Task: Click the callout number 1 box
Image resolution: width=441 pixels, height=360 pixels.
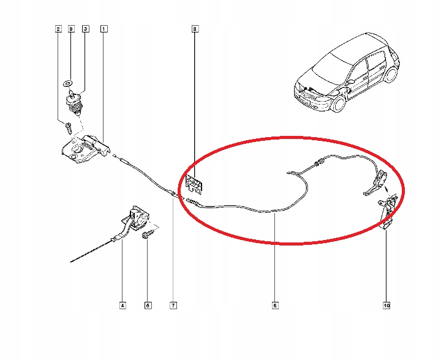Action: (104, 29)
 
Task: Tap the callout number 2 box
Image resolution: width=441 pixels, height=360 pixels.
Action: (58, 29)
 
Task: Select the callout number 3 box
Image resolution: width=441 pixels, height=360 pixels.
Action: (85, 29)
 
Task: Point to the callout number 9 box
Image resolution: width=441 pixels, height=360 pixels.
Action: (71, 29)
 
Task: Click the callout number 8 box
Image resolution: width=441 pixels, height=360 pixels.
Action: (195, 29)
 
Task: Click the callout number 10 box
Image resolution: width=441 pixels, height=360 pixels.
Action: (387, 304)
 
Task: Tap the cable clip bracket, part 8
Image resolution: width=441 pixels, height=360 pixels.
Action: (195, 183)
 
